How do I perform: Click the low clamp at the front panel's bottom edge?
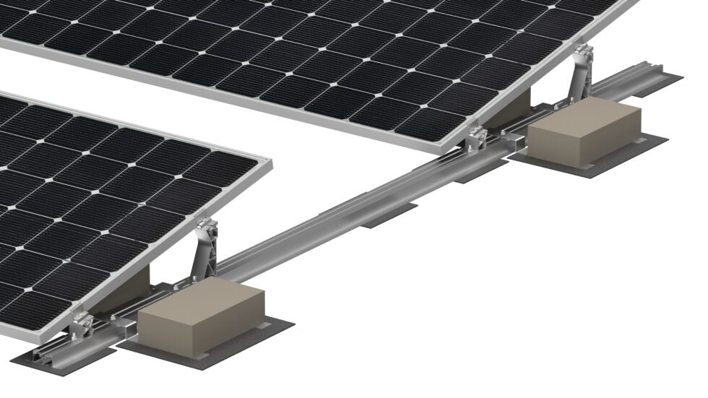coord(83,328)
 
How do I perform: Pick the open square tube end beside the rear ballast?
coord(517,142)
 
